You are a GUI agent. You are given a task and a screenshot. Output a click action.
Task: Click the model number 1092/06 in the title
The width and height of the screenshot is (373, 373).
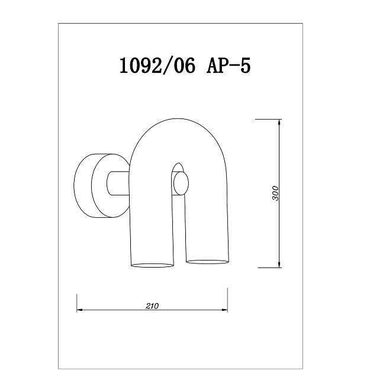(157, 65)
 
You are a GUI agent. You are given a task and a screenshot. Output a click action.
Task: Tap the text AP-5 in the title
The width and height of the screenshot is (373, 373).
(229, 65)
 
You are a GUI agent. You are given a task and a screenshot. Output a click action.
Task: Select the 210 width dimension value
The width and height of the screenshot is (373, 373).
(152, 306)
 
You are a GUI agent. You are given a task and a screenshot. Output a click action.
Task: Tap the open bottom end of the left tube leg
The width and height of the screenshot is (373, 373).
(152, 262)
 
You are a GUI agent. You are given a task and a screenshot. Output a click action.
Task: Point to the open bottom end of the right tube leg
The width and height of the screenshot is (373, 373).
(207, 260)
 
